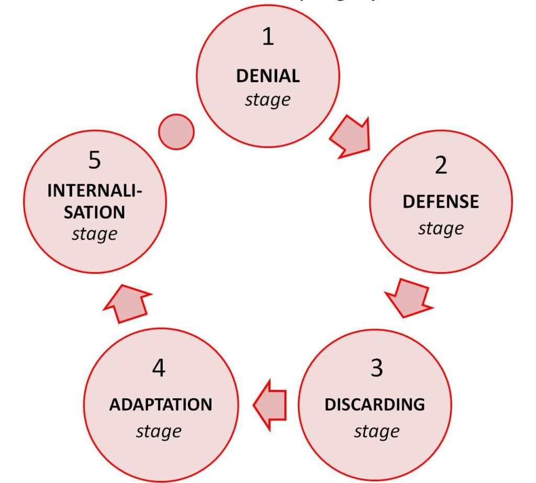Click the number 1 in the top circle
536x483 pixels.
(267, 37)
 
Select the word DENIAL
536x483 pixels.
(268, 76)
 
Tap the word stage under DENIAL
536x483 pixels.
(267, 99)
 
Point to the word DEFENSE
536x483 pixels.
(441, 202)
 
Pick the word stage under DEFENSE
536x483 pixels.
(441, 229)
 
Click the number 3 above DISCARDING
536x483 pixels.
(376, 368)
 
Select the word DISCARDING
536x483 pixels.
(375, 405)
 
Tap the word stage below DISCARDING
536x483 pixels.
(376, 432)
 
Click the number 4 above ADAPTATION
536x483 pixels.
(159, 368)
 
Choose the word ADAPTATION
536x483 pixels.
(161, 405)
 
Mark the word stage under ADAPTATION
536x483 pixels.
(159, 432)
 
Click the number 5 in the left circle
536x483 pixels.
(94, 161)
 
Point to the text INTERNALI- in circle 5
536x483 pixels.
(95, 191)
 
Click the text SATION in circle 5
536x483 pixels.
(95, 212)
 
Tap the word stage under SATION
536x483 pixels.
(95, 234)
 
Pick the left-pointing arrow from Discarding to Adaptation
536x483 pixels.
(270, 405)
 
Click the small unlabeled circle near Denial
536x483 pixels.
(176, 131)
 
